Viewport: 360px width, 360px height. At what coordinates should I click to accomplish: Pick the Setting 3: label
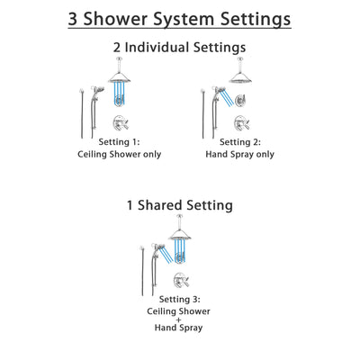pyautogui.click(x=179, y=299)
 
